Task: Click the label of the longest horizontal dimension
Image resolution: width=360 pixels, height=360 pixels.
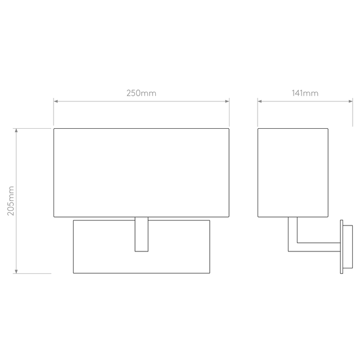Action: click(141, 93)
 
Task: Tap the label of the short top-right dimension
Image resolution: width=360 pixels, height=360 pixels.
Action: click(305, 93)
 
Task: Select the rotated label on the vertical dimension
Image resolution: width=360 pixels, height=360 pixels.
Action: click(10, 201)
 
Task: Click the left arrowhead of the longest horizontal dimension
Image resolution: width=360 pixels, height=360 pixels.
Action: click(56, 101)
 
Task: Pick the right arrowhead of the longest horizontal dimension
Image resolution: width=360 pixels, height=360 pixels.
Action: click(227, 101)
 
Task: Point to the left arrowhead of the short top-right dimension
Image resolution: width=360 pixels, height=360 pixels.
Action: click(260, 101)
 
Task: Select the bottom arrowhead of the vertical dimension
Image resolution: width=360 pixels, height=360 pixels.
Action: click(16, 270)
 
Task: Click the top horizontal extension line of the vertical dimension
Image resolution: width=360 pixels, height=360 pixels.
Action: click(34, 129)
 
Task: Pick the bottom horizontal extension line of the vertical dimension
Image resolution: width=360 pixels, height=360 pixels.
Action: click(34, 273)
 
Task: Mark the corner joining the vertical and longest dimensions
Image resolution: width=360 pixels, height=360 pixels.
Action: click(53, 128)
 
